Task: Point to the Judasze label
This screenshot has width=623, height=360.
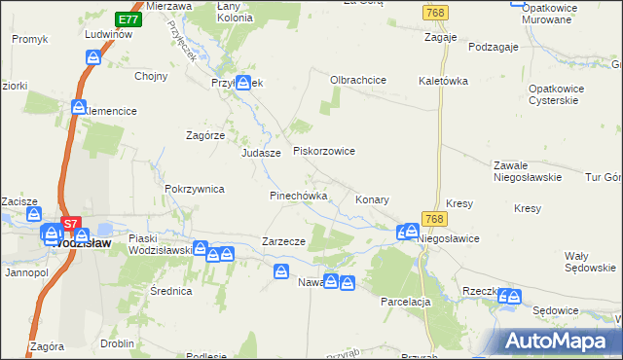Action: pyautogui.click(x=261, y=154)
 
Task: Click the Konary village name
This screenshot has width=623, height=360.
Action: pyautogui.click(x=372, y=199)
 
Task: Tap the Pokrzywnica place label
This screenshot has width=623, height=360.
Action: pyautogui.click(x=195, y=189)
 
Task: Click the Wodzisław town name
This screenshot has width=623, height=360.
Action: pyautogui.click(x=83, y=244)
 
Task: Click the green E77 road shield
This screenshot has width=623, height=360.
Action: pyautogui.click(x=127, y=19)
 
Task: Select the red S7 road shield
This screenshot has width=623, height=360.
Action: pyautogui.click(x=69, y=224)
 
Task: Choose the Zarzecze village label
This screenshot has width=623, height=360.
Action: pyautogui.click(x=284, y=241)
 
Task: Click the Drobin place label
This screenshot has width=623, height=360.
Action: pyautogui.click(x=117, y=343)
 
